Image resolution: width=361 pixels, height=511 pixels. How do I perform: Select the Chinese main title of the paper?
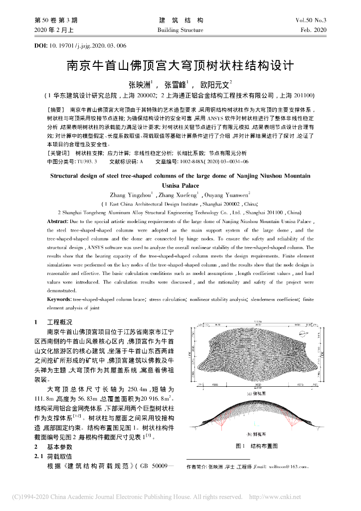pos(180,66)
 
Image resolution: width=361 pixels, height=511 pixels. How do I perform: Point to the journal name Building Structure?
pos(180,30)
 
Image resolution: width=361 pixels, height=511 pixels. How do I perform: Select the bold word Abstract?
pos(61,221)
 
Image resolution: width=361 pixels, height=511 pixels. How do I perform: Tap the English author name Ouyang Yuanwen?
pos(227,195)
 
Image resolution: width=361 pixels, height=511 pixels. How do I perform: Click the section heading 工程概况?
pos(59,322)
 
